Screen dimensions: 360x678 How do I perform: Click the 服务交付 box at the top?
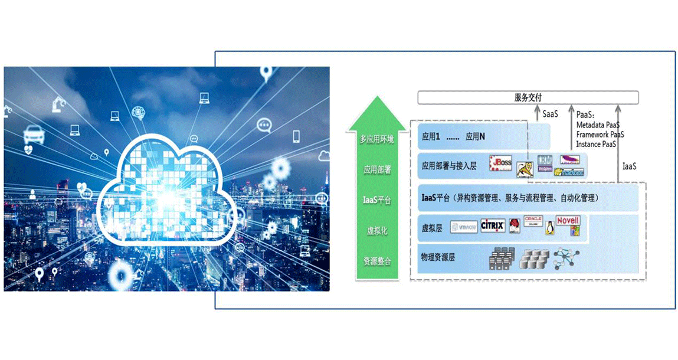click(x=528, y=98)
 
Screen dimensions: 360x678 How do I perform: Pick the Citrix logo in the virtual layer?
click(x=492, y=226)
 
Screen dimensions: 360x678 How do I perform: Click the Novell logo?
click(x=569, y=222)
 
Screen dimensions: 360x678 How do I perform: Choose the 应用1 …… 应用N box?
click(x=483, y=136)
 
